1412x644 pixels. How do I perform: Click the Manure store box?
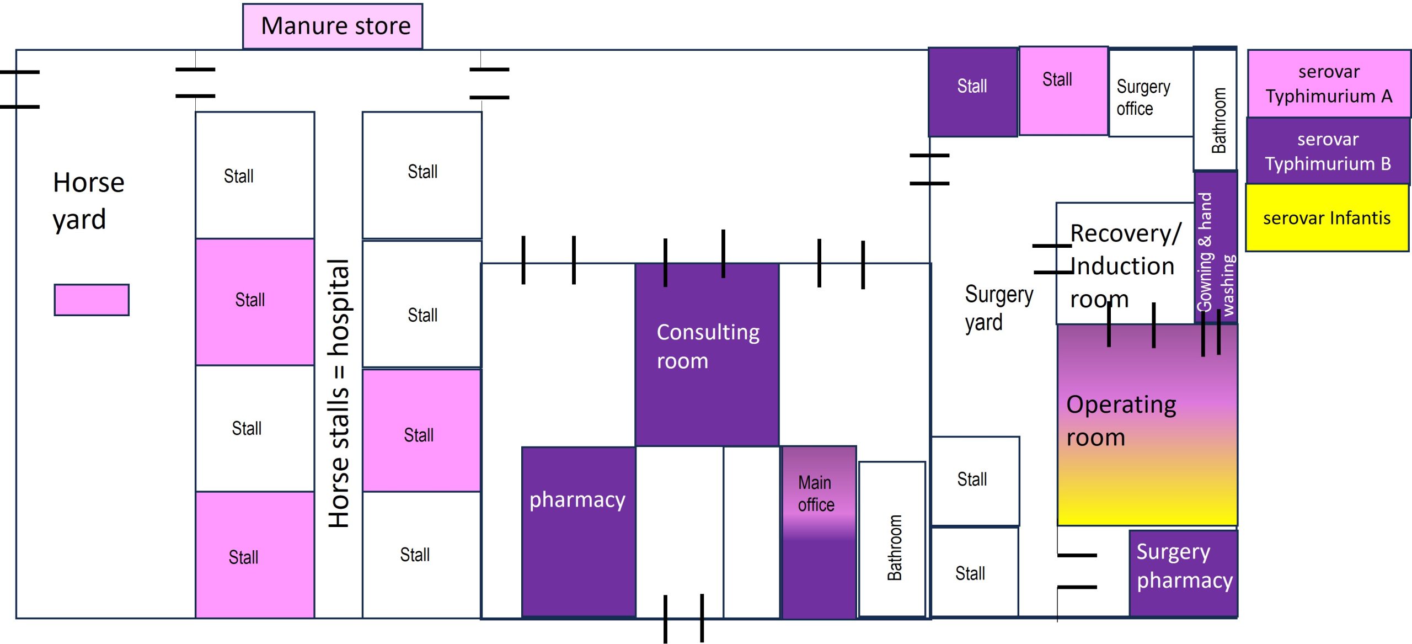click(x=333, y=26)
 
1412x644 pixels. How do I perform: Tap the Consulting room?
click(x=707, y=353)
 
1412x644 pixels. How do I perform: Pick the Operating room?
click(x=1147, y=425)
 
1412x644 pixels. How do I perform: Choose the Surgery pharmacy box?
click(x=1183, y=572)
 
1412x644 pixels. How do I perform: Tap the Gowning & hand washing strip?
click(x=1216, y=248)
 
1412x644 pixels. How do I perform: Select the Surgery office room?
click(x=1151, y=94)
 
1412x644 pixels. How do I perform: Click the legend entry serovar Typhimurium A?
click(x=1328, y=83)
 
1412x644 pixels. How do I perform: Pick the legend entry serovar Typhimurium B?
click(x=1328, y=151)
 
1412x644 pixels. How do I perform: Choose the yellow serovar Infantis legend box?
click(x=1327, y=218)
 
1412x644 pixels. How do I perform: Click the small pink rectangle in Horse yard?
click(x=92, y=300)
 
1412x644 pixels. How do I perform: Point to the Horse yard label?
click(x=88, y=200)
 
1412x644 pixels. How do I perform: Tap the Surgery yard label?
click(x=998, y=308)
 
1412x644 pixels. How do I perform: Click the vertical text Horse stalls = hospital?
click(x=339, y=393)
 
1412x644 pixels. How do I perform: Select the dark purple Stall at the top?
click(x=972, y=92)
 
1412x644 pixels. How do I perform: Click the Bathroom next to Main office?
click(x=892, y=539)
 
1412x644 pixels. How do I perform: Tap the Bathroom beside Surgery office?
click(x=1215, y=109)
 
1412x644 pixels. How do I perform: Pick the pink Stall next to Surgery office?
click(x=1062, y=91)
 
